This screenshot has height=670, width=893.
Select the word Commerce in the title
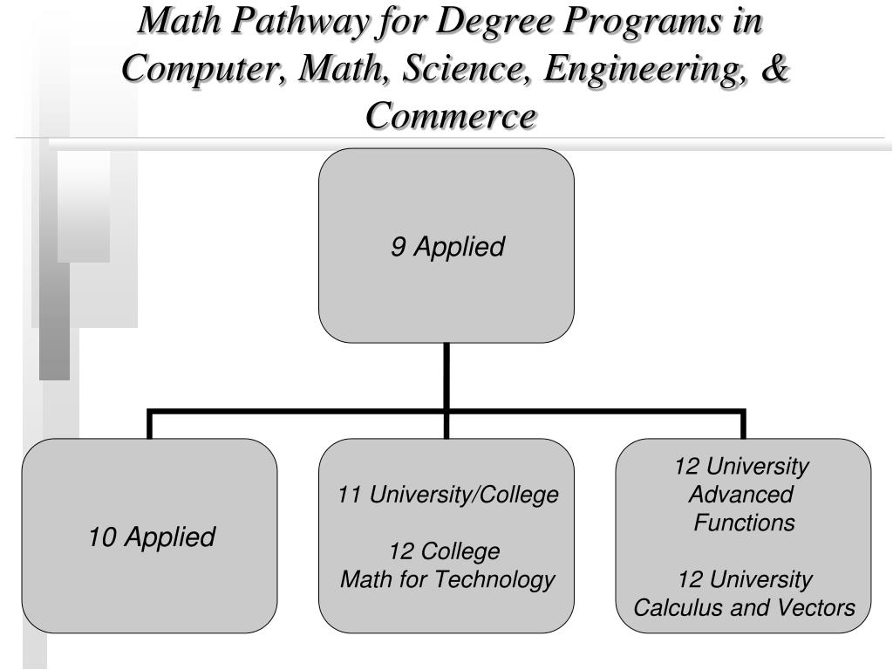(450, 114)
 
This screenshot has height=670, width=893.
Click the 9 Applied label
(446, 247)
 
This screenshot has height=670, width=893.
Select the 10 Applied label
(151, 537)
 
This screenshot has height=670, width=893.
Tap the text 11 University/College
(447, 495)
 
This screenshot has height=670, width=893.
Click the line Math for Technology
(446, 578)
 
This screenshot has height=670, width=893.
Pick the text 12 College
(445, 551)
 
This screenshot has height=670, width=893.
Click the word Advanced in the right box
(741, 495)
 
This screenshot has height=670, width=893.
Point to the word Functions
(744, 523)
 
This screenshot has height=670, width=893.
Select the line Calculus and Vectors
(744, 607)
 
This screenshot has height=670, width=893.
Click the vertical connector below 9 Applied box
(446, 375)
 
